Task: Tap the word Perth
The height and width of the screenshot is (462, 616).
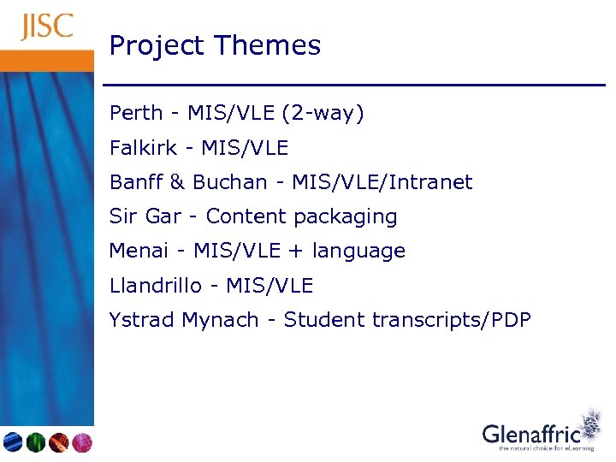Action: (135, 113)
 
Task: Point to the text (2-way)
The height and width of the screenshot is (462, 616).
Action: (329, 114)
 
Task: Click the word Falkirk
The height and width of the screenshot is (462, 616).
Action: (143, 148)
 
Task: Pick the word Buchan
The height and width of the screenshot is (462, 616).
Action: (229, 182)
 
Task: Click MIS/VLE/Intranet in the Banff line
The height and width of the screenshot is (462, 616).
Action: (382, 182)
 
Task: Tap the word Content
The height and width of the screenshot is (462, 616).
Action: (246, 216)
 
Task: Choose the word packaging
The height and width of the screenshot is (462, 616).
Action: (346, 217)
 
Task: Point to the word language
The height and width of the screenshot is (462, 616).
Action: (358, 252)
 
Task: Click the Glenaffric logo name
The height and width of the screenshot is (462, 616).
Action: (530, 434)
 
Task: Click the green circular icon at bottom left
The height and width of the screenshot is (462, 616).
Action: (36, 442)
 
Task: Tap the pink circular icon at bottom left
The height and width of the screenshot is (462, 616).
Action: (81, 442)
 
